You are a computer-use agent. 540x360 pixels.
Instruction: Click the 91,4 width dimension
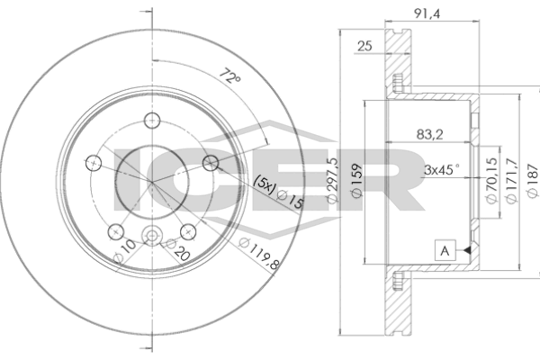click(x=427, y=13)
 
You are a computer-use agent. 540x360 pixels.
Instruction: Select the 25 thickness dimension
click(x=365, y=46)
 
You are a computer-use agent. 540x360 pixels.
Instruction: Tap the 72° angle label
click(x=230, y=76)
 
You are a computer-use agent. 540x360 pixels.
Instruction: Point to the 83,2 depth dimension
click(x=429, y=134)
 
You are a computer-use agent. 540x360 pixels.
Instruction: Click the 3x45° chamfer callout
click(x=442, y=169)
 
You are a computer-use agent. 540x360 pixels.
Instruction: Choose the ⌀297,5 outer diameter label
click(x=332, y=180)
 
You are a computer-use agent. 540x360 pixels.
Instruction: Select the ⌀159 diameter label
click(x=356, y=180)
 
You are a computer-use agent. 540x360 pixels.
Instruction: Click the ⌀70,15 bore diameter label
click(x=491, y=180)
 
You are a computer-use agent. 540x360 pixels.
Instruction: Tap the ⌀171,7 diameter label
click(x=510, y=180)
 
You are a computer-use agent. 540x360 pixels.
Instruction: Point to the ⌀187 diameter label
click(x=533, y=180)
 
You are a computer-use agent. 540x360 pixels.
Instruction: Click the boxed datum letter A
click(x=445, y=250)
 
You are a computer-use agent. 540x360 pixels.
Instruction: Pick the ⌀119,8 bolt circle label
click(x=259, y=254)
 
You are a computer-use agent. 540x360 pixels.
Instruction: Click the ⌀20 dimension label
click(x=177, y=249)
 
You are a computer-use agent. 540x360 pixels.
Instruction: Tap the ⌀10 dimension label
click(x=125, y=251)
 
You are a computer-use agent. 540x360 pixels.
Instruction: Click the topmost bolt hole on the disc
click(x=152, y=121)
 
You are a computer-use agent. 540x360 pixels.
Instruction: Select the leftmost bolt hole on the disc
click(x=94, y=163)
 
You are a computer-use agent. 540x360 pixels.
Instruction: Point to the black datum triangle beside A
click(x=466, y=250)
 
